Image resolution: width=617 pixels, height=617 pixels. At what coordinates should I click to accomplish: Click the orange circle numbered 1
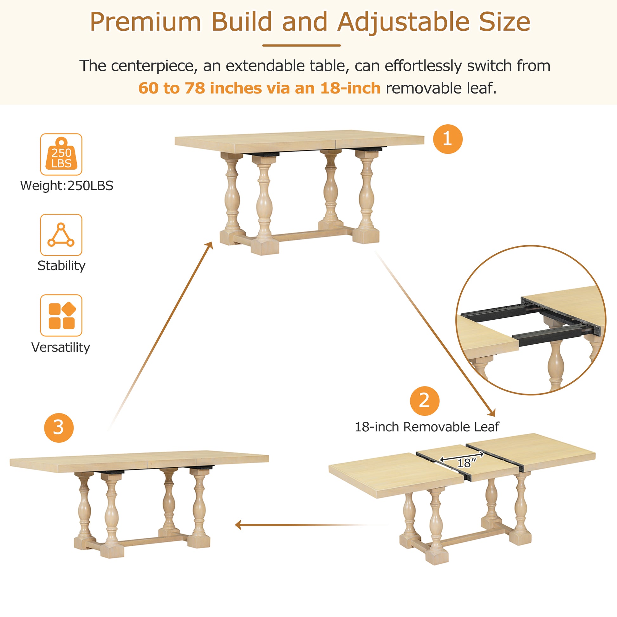coord(447,139)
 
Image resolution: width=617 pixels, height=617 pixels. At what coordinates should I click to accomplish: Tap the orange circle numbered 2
coord(425,401)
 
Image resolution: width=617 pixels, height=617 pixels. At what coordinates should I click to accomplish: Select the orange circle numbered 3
coord(59,428)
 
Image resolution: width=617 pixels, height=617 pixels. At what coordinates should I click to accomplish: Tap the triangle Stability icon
coord(61,235)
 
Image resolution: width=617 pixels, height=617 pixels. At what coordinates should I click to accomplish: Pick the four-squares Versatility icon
coord(61,315)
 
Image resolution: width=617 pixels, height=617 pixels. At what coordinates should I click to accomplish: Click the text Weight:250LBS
coord(67,185)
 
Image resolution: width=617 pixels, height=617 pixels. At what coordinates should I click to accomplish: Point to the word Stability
coord(61,266)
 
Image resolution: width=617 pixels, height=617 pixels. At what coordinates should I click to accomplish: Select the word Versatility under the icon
coord(61,347)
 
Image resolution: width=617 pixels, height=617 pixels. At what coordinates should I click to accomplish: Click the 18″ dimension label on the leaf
coord(466,463)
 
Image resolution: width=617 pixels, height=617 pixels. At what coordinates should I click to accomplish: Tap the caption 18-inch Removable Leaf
coord(427,427)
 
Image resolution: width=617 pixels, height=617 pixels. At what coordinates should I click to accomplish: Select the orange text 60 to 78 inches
coord(200,88)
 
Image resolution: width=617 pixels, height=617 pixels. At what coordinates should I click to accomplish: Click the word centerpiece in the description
coord(152,66)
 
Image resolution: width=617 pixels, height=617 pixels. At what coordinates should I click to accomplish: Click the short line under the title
coord(301,45)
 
